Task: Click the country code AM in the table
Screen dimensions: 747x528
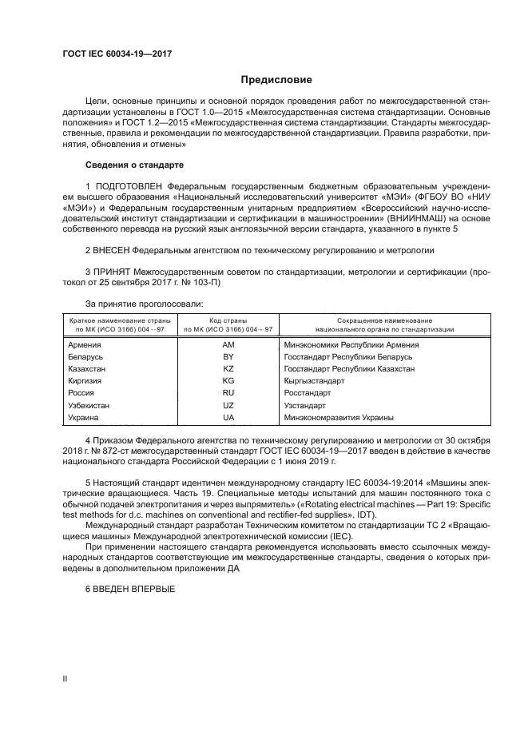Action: pos(228,345)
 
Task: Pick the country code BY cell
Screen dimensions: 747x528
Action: pos(228,357)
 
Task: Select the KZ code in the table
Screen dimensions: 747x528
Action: pos(228,369)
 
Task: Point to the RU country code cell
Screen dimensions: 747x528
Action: pos(228,393)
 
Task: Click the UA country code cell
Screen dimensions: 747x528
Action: pos(228,417)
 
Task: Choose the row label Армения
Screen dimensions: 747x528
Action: pos(85,345)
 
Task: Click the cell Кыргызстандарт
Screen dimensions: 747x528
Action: pos(314,381)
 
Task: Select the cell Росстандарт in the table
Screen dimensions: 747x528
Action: pos(308,393)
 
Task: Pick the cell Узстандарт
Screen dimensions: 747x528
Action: pos(304,405)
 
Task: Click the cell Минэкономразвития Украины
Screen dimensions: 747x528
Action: pos(339,417)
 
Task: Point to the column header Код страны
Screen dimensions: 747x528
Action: pos(228,320)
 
